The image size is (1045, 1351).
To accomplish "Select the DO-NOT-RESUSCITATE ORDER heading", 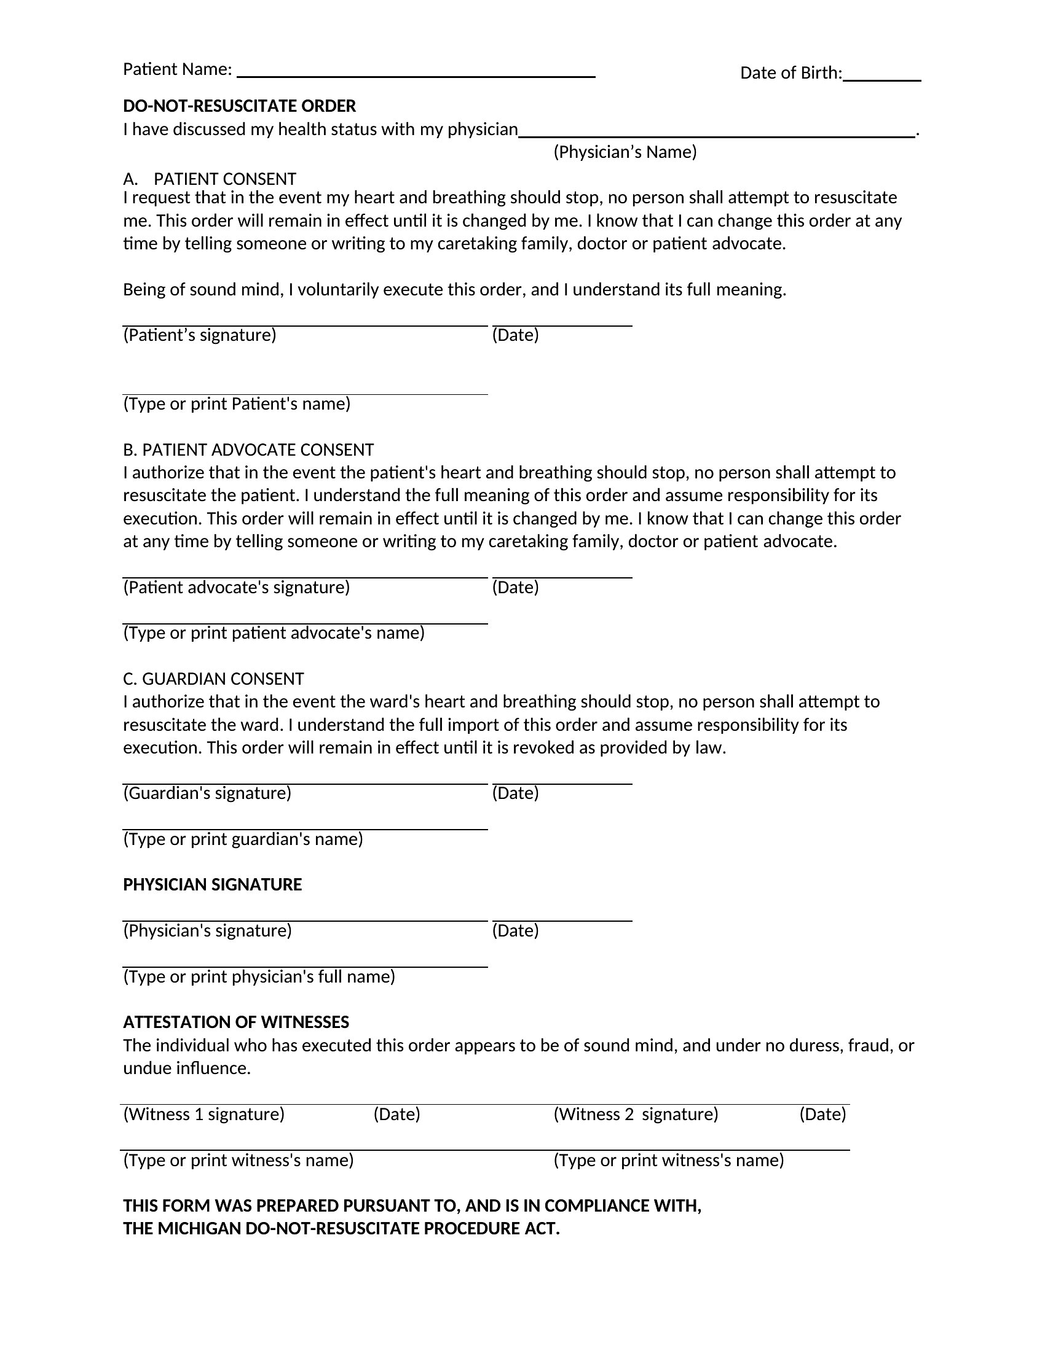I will [x=240, y=106].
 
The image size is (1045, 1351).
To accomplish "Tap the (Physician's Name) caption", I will [x=625, y=152].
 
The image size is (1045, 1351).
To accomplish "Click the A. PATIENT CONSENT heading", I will [x=210, y=179].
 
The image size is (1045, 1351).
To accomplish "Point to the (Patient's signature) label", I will [x=199, y=335].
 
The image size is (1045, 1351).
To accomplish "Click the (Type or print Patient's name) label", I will [x=237, y=404].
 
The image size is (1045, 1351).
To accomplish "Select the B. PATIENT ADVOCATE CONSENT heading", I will [x=248, y=450].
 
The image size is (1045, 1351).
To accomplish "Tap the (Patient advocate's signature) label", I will [x=237, y=587].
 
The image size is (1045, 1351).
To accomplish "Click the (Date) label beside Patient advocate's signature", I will [x=515, y=587].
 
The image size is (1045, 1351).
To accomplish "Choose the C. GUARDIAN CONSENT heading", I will [x=213, y=679].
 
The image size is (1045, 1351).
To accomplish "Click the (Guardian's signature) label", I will [x=207, y=793].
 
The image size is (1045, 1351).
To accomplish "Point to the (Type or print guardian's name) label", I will [x=243, y=839].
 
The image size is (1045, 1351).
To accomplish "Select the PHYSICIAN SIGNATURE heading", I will [x=212, y=885].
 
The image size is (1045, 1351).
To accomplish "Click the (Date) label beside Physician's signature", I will [x=515, y=931].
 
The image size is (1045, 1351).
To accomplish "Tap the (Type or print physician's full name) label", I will [x=259, y=977].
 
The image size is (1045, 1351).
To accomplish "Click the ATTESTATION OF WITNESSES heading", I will [x=236, y=1022].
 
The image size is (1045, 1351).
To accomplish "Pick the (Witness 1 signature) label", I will [x=203, y=1114].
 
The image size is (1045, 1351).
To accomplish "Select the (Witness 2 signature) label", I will [x=636, y=1114].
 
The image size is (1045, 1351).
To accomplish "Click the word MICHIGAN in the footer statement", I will [x=199, y=1229].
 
